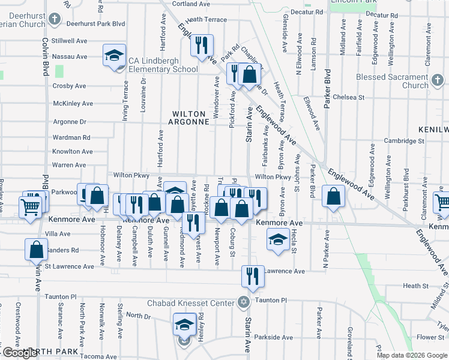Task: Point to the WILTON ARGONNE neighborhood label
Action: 192,118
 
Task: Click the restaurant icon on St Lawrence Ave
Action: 252,275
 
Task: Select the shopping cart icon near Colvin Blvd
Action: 30,208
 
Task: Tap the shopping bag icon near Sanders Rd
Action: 36,249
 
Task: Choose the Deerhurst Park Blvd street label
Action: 95,23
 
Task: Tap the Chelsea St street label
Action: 345,97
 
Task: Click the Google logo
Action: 20,353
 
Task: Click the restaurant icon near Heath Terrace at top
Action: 202,44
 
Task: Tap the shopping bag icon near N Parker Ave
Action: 333,196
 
